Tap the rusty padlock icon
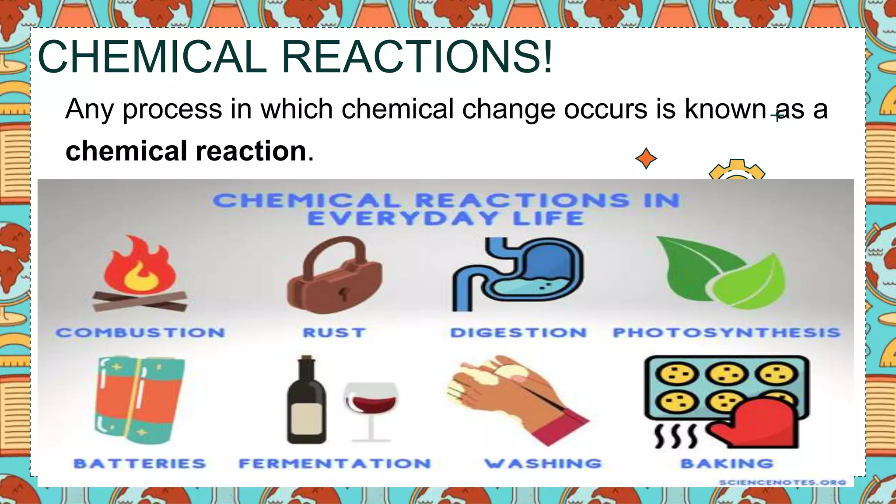click(x=334, y=276)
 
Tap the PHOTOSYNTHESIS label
click(x=726, y=333)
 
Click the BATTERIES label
click(x=140, y=464)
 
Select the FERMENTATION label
click(x=335, y=464)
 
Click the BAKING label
click(x=727, y=464)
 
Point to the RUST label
click(x=334, y=333)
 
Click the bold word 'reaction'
click(x=251, y=151)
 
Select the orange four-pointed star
click(x=646, y=158)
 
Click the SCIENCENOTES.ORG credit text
click(x=782, y=483)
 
